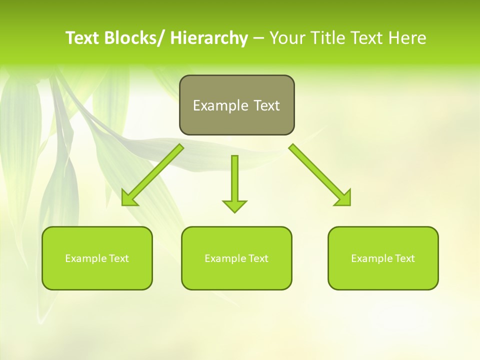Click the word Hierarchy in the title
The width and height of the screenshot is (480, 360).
click(x=209, y=38)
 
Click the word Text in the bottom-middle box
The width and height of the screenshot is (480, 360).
click(x=258, y=258)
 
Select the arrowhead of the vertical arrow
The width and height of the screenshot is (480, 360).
click(x=234, y=205)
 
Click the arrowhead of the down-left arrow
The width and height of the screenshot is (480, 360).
click(x=129, y=198)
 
